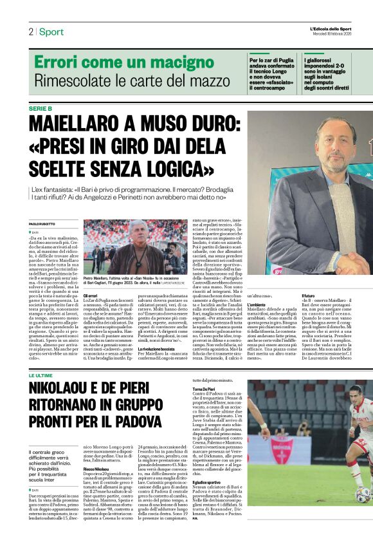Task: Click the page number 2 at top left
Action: pos(30,32)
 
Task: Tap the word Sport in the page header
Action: pos(51,32)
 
